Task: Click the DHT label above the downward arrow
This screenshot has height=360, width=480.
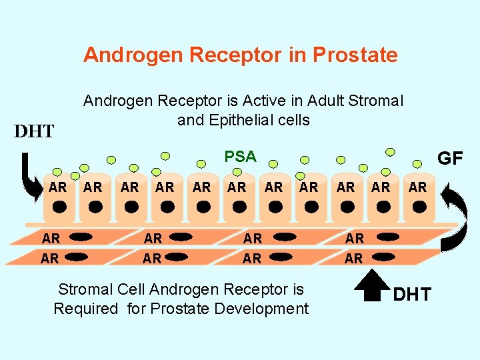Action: coord(34,131)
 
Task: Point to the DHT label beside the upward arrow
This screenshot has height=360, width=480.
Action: coord(412,294)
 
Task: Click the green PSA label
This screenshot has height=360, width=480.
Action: coord(240,157)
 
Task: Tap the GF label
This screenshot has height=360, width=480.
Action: coord(449,158)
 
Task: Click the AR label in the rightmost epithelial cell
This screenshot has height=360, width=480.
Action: coord(417,187)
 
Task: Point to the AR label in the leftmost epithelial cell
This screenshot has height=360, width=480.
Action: coord(58,187)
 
